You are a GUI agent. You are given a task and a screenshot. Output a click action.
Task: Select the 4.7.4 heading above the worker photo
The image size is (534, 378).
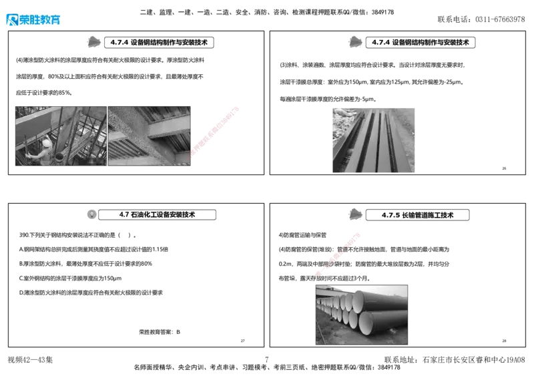coord(159,42)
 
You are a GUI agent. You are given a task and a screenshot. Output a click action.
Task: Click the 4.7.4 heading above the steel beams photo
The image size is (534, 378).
coord(421,42)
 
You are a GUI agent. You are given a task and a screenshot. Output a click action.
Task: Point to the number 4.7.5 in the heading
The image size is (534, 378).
coord(390,215)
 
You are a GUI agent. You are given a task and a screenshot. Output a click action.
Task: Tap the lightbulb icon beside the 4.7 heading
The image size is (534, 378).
coord(91,214)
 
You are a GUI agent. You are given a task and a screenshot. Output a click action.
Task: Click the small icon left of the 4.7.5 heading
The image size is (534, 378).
coord(355,214)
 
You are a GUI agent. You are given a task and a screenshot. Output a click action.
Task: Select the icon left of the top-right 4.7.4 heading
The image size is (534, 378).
coord(355,41)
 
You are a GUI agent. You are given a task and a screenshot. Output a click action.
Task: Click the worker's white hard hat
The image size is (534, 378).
coord(47,143)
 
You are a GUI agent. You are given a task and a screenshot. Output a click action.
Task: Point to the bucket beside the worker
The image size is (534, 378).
coord(59,156)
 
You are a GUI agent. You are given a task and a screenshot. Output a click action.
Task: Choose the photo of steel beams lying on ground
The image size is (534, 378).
coord(373,141)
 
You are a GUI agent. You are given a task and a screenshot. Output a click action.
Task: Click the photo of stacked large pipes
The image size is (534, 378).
coord(362,314)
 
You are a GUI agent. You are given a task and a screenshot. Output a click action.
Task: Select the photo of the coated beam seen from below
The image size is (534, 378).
coord(150,135)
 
